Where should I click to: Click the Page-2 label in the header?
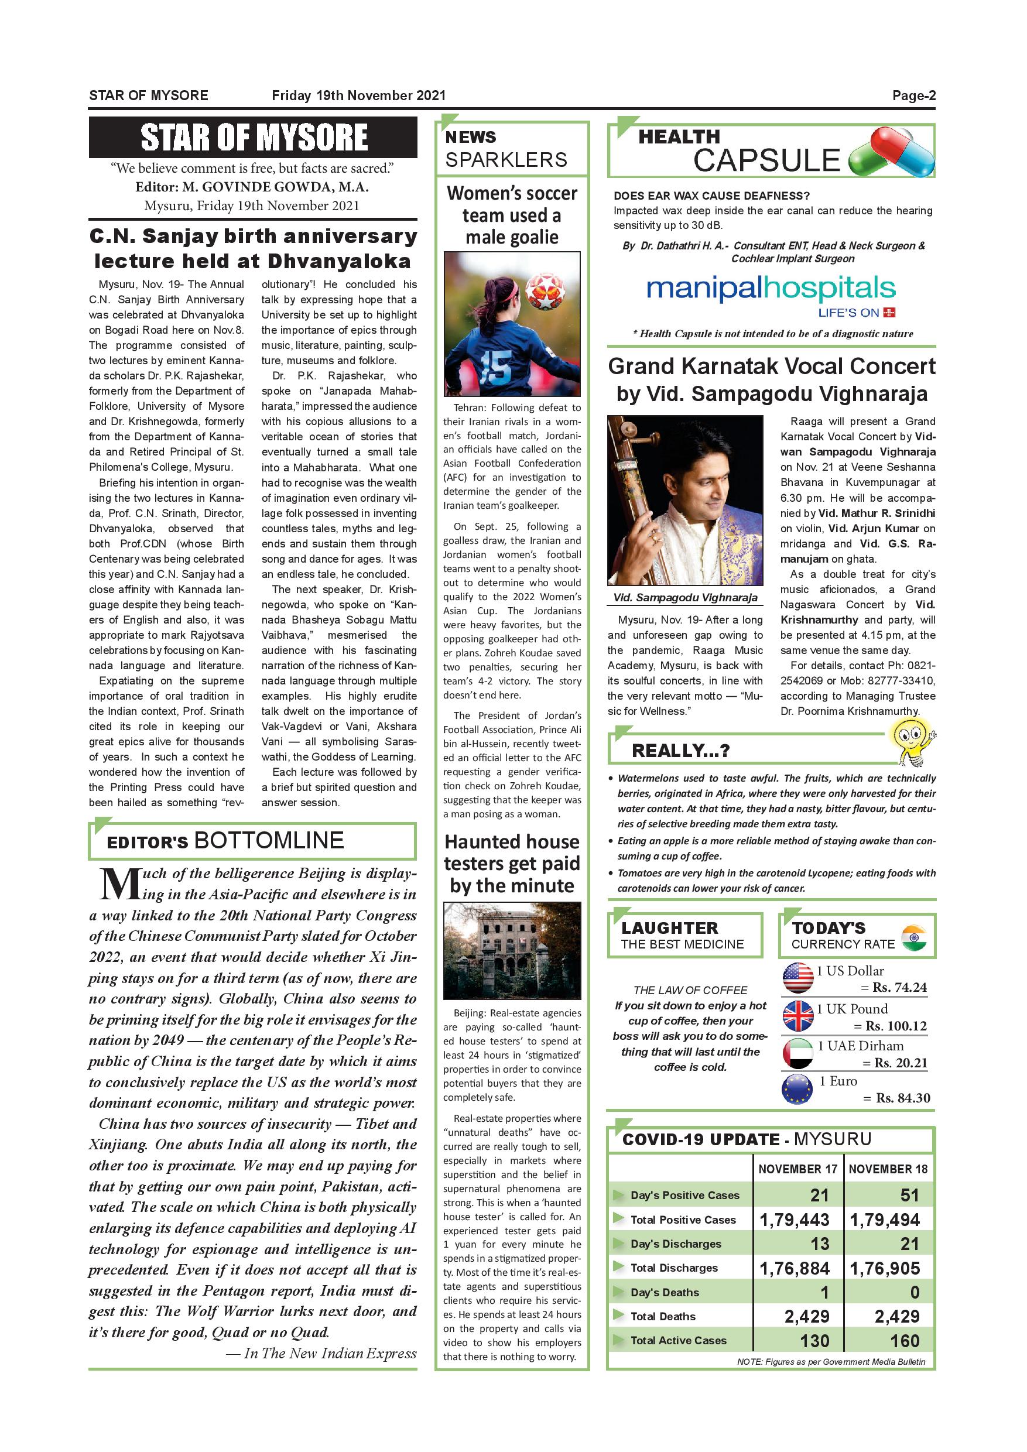pos(913,95)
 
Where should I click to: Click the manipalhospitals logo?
pos(771,290)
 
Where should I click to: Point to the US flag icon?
pos(797,978)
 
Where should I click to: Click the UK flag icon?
pos(797,1016)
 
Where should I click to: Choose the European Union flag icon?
pos(797,1090)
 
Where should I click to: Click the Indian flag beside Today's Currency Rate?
pos(913,937)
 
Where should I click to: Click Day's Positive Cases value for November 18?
pos(909,1195)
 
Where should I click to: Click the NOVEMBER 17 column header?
pos(797,1169)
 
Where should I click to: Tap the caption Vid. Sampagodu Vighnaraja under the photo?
pos(685,598)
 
